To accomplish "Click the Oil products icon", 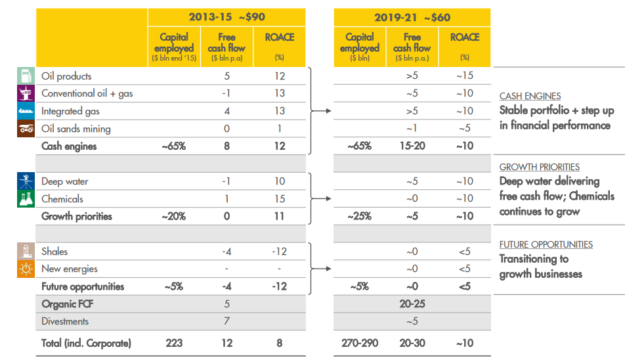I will [25, 76].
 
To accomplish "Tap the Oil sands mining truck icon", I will [25, 129].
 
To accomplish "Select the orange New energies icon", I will [25, 269].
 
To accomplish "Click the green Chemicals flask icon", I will [25, 198].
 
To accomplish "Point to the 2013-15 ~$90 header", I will [226, 17].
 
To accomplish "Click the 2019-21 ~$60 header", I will [412, 17].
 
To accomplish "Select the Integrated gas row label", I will [71, 111].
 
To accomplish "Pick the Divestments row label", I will [65, 321].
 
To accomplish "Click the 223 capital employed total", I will [173, 342].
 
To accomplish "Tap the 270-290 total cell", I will [359, 342].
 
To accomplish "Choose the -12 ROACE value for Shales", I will [280, 251].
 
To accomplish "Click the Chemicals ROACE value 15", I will [280, 198].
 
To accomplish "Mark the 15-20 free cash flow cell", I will [412, 146].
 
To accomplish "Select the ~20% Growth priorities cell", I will [173, 216].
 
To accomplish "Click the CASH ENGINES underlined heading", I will [530, 96].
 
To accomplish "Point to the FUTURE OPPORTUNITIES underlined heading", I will [546, 244].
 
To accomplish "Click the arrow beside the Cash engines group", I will [320, 111].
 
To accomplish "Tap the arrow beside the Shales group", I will [320, 269].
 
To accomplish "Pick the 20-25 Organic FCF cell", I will [412, 304].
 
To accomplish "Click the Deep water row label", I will [64, 181].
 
